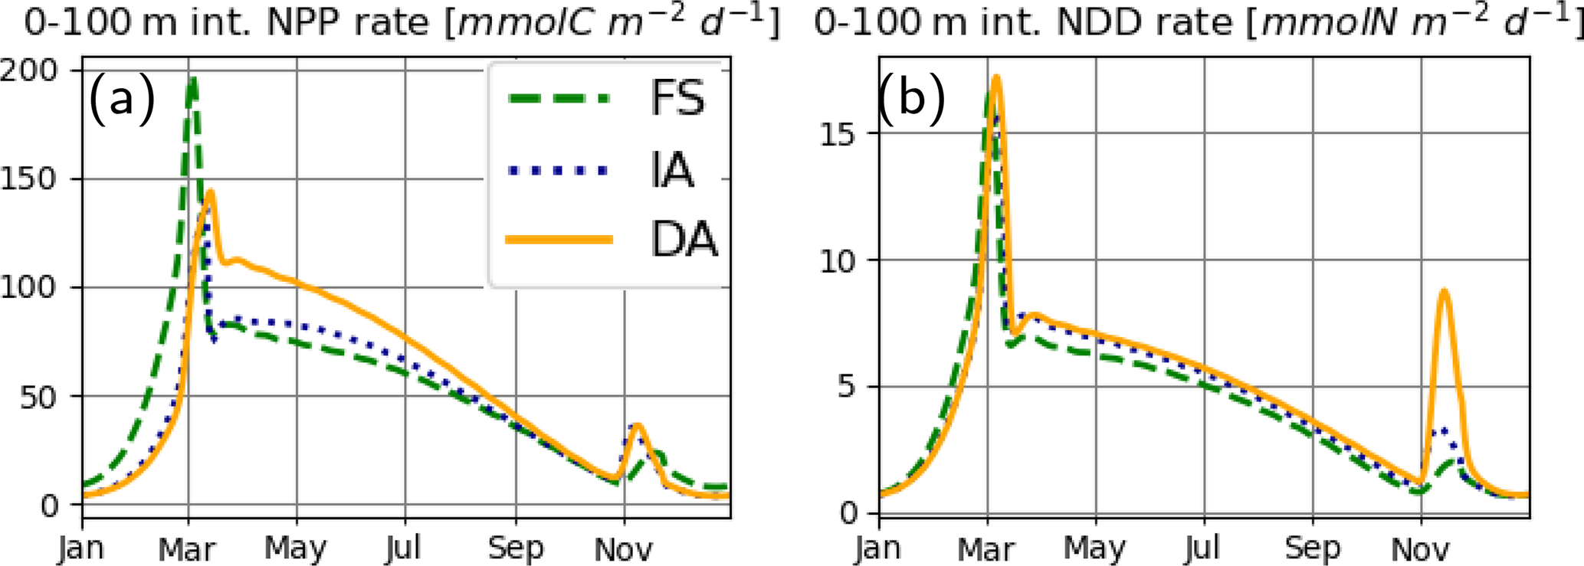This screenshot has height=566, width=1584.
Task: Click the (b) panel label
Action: click(912, 98)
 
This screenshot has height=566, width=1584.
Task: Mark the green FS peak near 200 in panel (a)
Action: click(193, 79)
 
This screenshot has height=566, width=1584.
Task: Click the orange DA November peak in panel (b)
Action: click(1444, 290)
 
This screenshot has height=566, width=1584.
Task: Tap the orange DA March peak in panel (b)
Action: click(996, 77)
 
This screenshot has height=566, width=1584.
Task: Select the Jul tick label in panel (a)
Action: click(404, 548)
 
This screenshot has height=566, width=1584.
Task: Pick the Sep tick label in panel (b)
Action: click(1313, 548)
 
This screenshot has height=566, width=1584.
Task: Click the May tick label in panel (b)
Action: click(1095, 548)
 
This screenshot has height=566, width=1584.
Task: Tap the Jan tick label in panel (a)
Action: click(82, 548)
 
